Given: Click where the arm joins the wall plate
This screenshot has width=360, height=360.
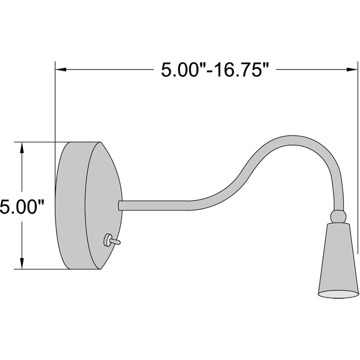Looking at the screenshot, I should coord(120,205).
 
